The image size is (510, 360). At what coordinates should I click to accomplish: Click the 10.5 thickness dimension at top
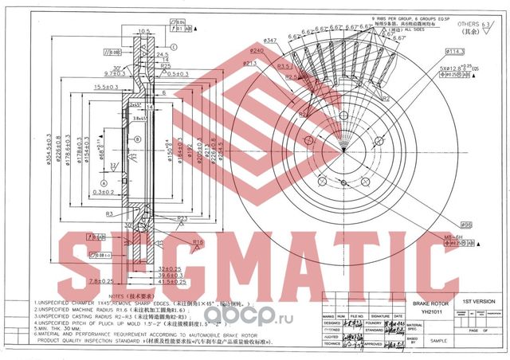tap(144, 31)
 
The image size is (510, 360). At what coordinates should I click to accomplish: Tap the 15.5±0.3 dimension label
tap(108, 87)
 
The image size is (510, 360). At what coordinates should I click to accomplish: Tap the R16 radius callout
tap(199, 242)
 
